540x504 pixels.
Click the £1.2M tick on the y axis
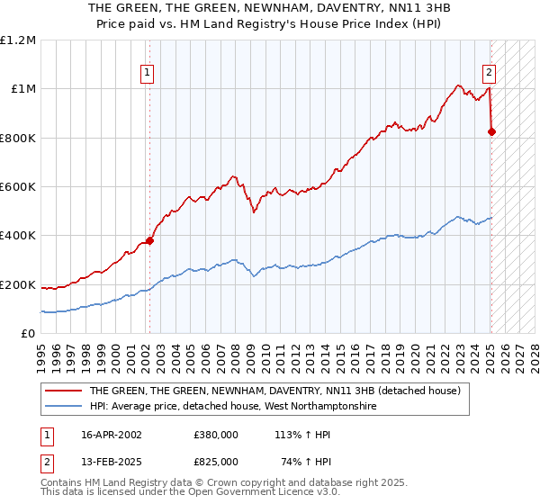tap(18, 40)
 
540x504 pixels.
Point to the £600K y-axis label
tap(18, 187)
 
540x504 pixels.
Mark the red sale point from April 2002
tap(150, 240)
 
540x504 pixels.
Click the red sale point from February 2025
tap(491, 131)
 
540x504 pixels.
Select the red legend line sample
tap(64, 391)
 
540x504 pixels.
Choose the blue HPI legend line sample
tap(64, 407)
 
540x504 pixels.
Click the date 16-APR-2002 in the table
tap(112, 434)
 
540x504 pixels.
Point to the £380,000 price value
tap(216, 434)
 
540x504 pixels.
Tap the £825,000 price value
tap(216, 461)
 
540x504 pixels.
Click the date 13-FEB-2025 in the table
tap(112, 461)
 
